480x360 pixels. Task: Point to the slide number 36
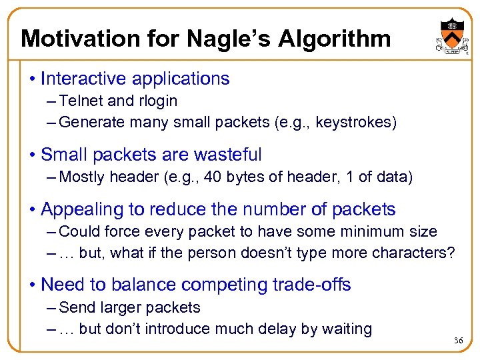point(458,341)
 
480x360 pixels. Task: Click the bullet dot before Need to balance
point(32,285)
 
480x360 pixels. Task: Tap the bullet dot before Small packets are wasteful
point(32,155)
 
